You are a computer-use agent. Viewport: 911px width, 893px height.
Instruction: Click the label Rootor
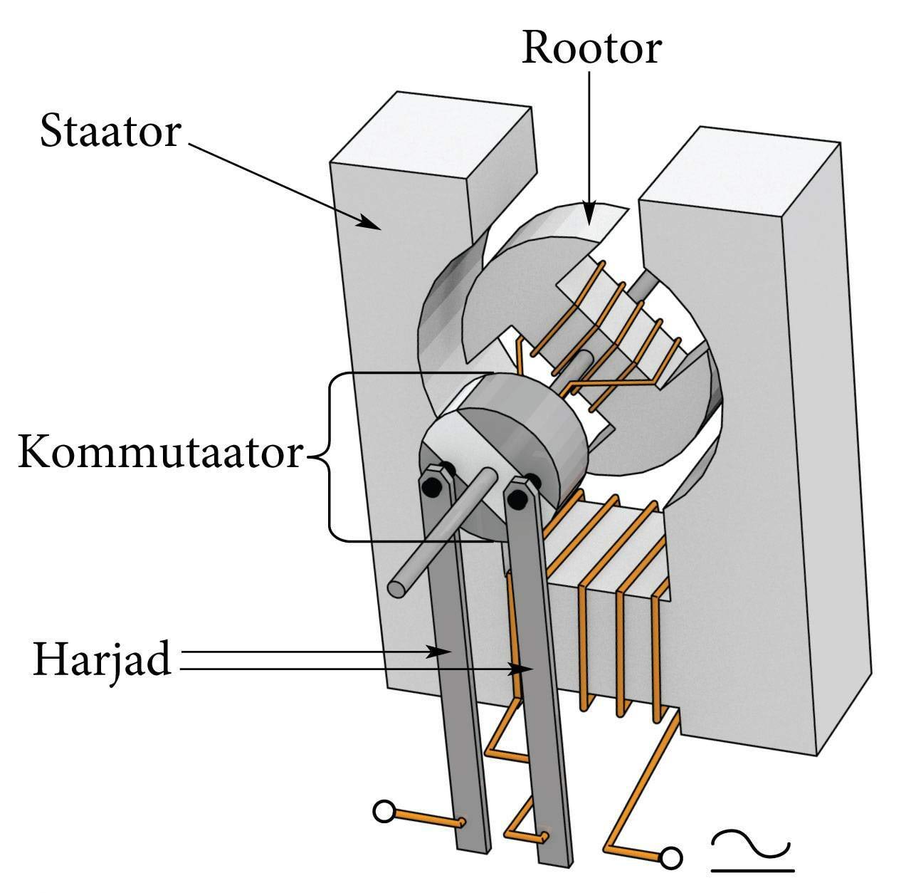click(591, 48)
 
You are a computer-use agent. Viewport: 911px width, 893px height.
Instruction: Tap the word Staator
click(110, 132)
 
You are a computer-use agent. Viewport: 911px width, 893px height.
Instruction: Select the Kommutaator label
click(161, 452)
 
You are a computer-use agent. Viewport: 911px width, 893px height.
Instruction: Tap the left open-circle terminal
click(384, 811)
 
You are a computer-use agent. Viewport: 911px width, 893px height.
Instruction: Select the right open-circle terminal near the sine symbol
click(670, 858)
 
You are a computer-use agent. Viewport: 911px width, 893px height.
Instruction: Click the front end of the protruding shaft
click(398, 587)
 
